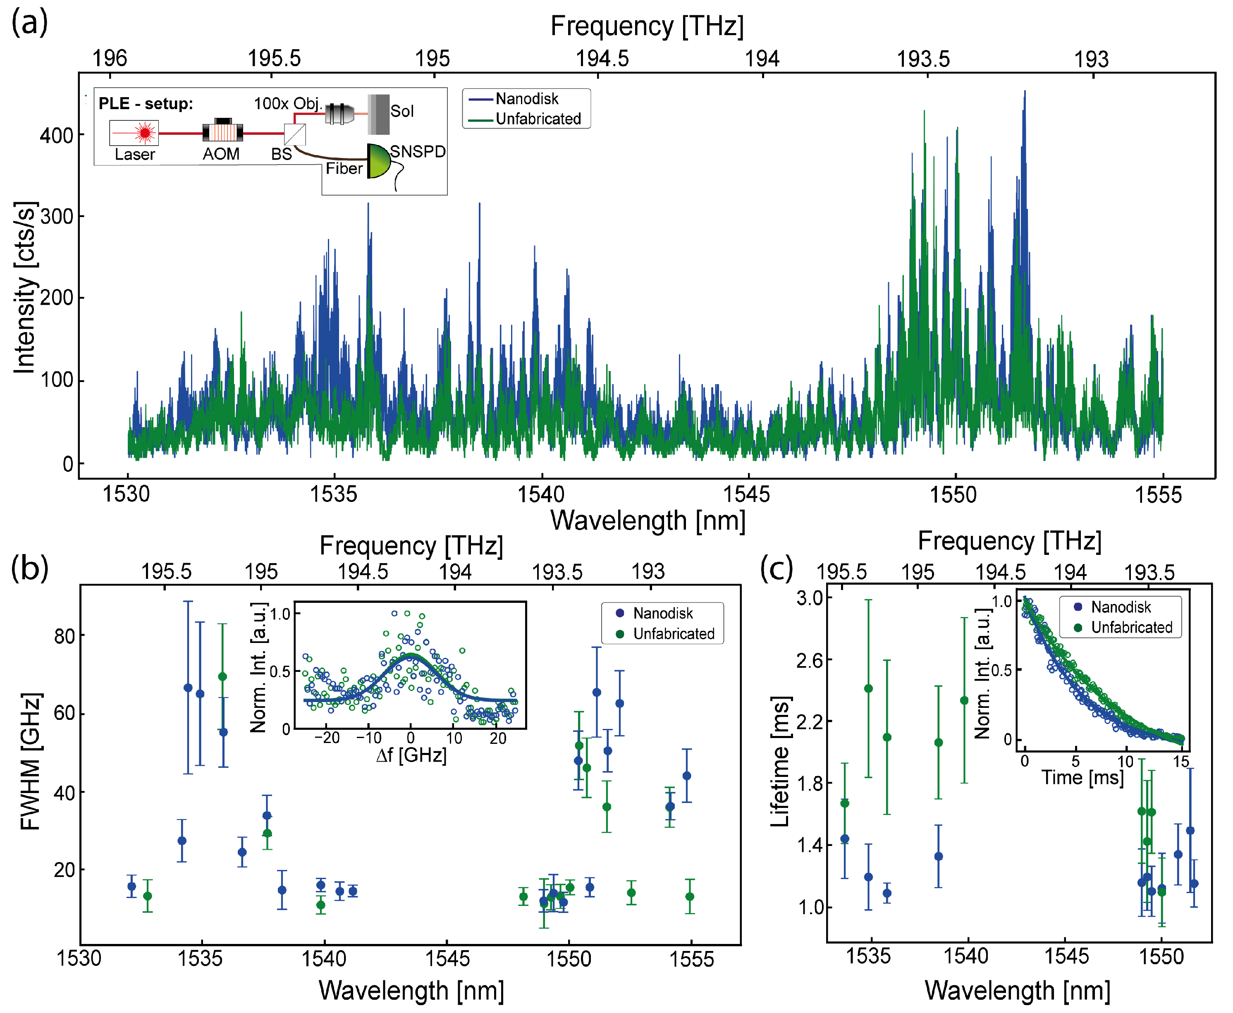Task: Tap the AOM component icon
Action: pyautogui.click(x=222, y=132)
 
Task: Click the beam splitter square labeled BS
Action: pyautogui.click(x=295, y=135)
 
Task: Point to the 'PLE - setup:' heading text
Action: pyautogui.click(x=145, y=104)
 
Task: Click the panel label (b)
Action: pyautogui.click(x=29, y=569)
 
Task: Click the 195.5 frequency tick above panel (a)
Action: pyautogui.click(x=274, y=58)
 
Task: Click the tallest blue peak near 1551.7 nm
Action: pyautogui.click(x=1025, y=93)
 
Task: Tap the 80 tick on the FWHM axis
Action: pyautogui.click(x=64, y=636)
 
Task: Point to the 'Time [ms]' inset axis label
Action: pyautogui.click(x=1082, y=777)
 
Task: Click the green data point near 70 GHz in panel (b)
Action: pyautogui.click(x=222, y=677)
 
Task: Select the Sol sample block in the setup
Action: pyautogui.click(x=379, y=115)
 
